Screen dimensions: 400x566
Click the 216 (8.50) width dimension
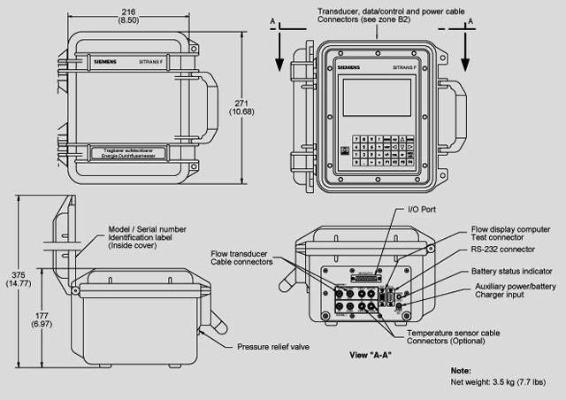(x=128, y=14)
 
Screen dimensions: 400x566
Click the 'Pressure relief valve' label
(x=270, y=346)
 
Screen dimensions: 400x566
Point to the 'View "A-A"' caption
(x=371, y=354)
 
